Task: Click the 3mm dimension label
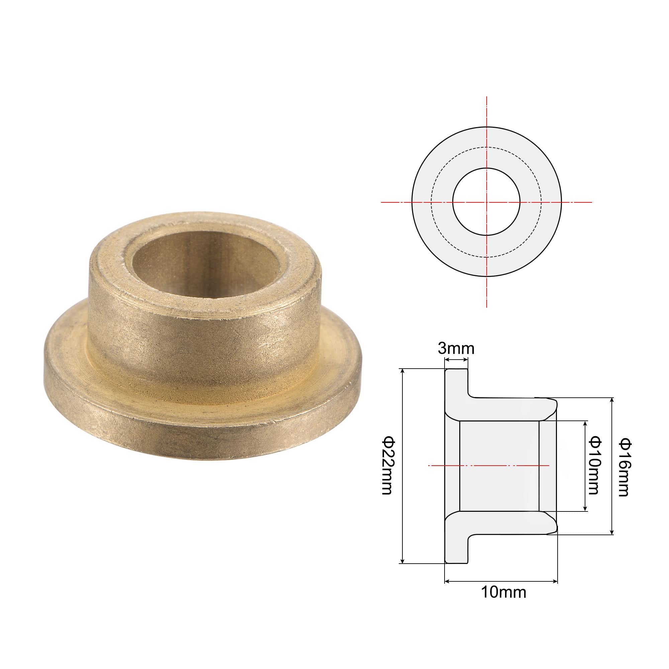point(456,348)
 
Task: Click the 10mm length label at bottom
point(503,592)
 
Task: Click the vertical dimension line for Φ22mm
point(402,415)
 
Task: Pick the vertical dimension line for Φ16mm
point(612,433)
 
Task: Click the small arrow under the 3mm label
point(456,360)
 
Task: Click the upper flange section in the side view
point(456,391)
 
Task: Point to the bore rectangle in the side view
point(499,466)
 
